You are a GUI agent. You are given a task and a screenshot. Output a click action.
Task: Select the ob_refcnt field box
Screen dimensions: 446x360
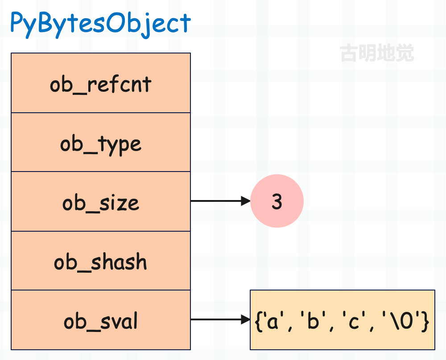[101, 83]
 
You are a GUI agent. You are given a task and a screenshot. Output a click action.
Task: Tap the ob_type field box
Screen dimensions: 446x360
[101, 142]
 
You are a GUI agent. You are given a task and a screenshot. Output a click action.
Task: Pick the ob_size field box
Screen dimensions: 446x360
[101, 201]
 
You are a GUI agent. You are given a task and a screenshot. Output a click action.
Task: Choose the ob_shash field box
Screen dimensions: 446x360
[101, 261]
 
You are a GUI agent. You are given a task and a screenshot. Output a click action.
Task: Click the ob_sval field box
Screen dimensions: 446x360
[101, 319]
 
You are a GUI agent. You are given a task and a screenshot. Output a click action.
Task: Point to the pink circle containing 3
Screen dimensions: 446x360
[277, 201]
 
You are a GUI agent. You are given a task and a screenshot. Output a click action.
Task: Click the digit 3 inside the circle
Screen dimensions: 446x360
[277, 201]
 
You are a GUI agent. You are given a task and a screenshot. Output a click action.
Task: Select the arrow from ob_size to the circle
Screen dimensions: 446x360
[220, 201]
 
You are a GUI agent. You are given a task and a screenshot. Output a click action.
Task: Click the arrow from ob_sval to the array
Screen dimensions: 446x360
[220, 319]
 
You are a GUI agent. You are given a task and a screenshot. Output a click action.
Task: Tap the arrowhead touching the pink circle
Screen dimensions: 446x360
[246, 201]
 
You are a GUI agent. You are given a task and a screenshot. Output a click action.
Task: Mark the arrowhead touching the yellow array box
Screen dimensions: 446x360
[246, 319]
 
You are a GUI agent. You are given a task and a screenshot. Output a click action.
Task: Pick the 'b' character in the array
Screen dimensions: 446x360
[313, 320]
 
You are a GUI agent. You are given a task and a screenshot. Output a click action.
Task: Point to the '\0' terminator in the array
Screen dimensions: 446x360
[402, 320]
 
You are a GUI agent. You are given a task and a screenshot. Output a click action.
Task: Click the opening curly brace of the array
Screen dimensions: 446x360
[258, 321]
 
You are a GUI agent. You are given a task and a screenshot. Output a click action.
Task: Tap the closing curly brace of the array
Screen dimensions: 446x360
[425, 321]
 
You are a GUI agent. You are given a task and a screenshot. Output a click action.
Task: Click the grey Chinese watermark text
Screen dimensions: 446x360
[377, 53]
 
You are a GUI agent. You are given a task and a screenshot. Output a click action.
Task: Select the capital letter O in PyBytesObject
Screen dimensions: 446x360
[116, 22]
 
